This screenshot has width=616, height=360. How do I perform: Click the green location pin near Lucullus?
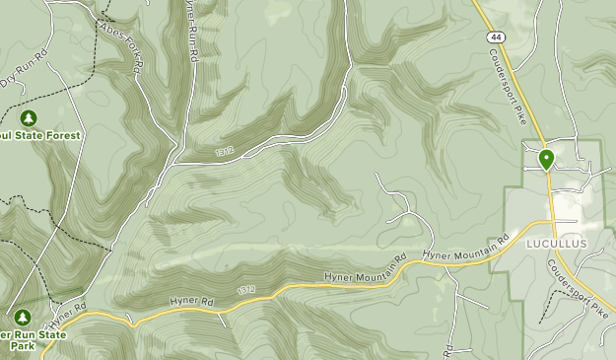tap(545, 158)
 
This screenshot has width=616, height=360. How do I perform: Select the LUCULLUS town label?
tap(557, 244)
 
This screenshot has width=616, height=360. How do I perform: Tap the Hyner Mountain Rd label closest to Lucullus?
tap(464, 248)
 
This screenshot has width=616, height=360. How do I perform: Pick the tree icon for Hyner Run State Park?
tap(22, 318)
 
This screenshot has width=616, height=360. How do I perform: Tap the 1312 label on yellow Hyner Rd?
tap(246, 290)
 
